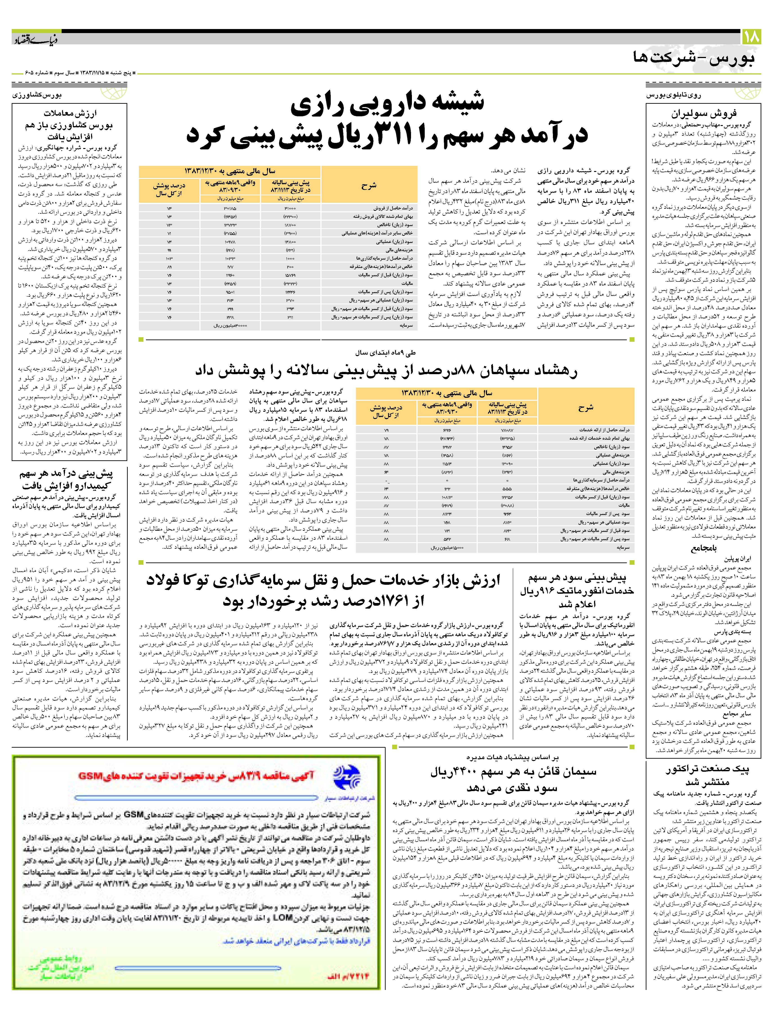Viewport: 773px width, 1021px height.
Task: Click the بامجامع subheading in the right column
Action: [704, 548]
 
